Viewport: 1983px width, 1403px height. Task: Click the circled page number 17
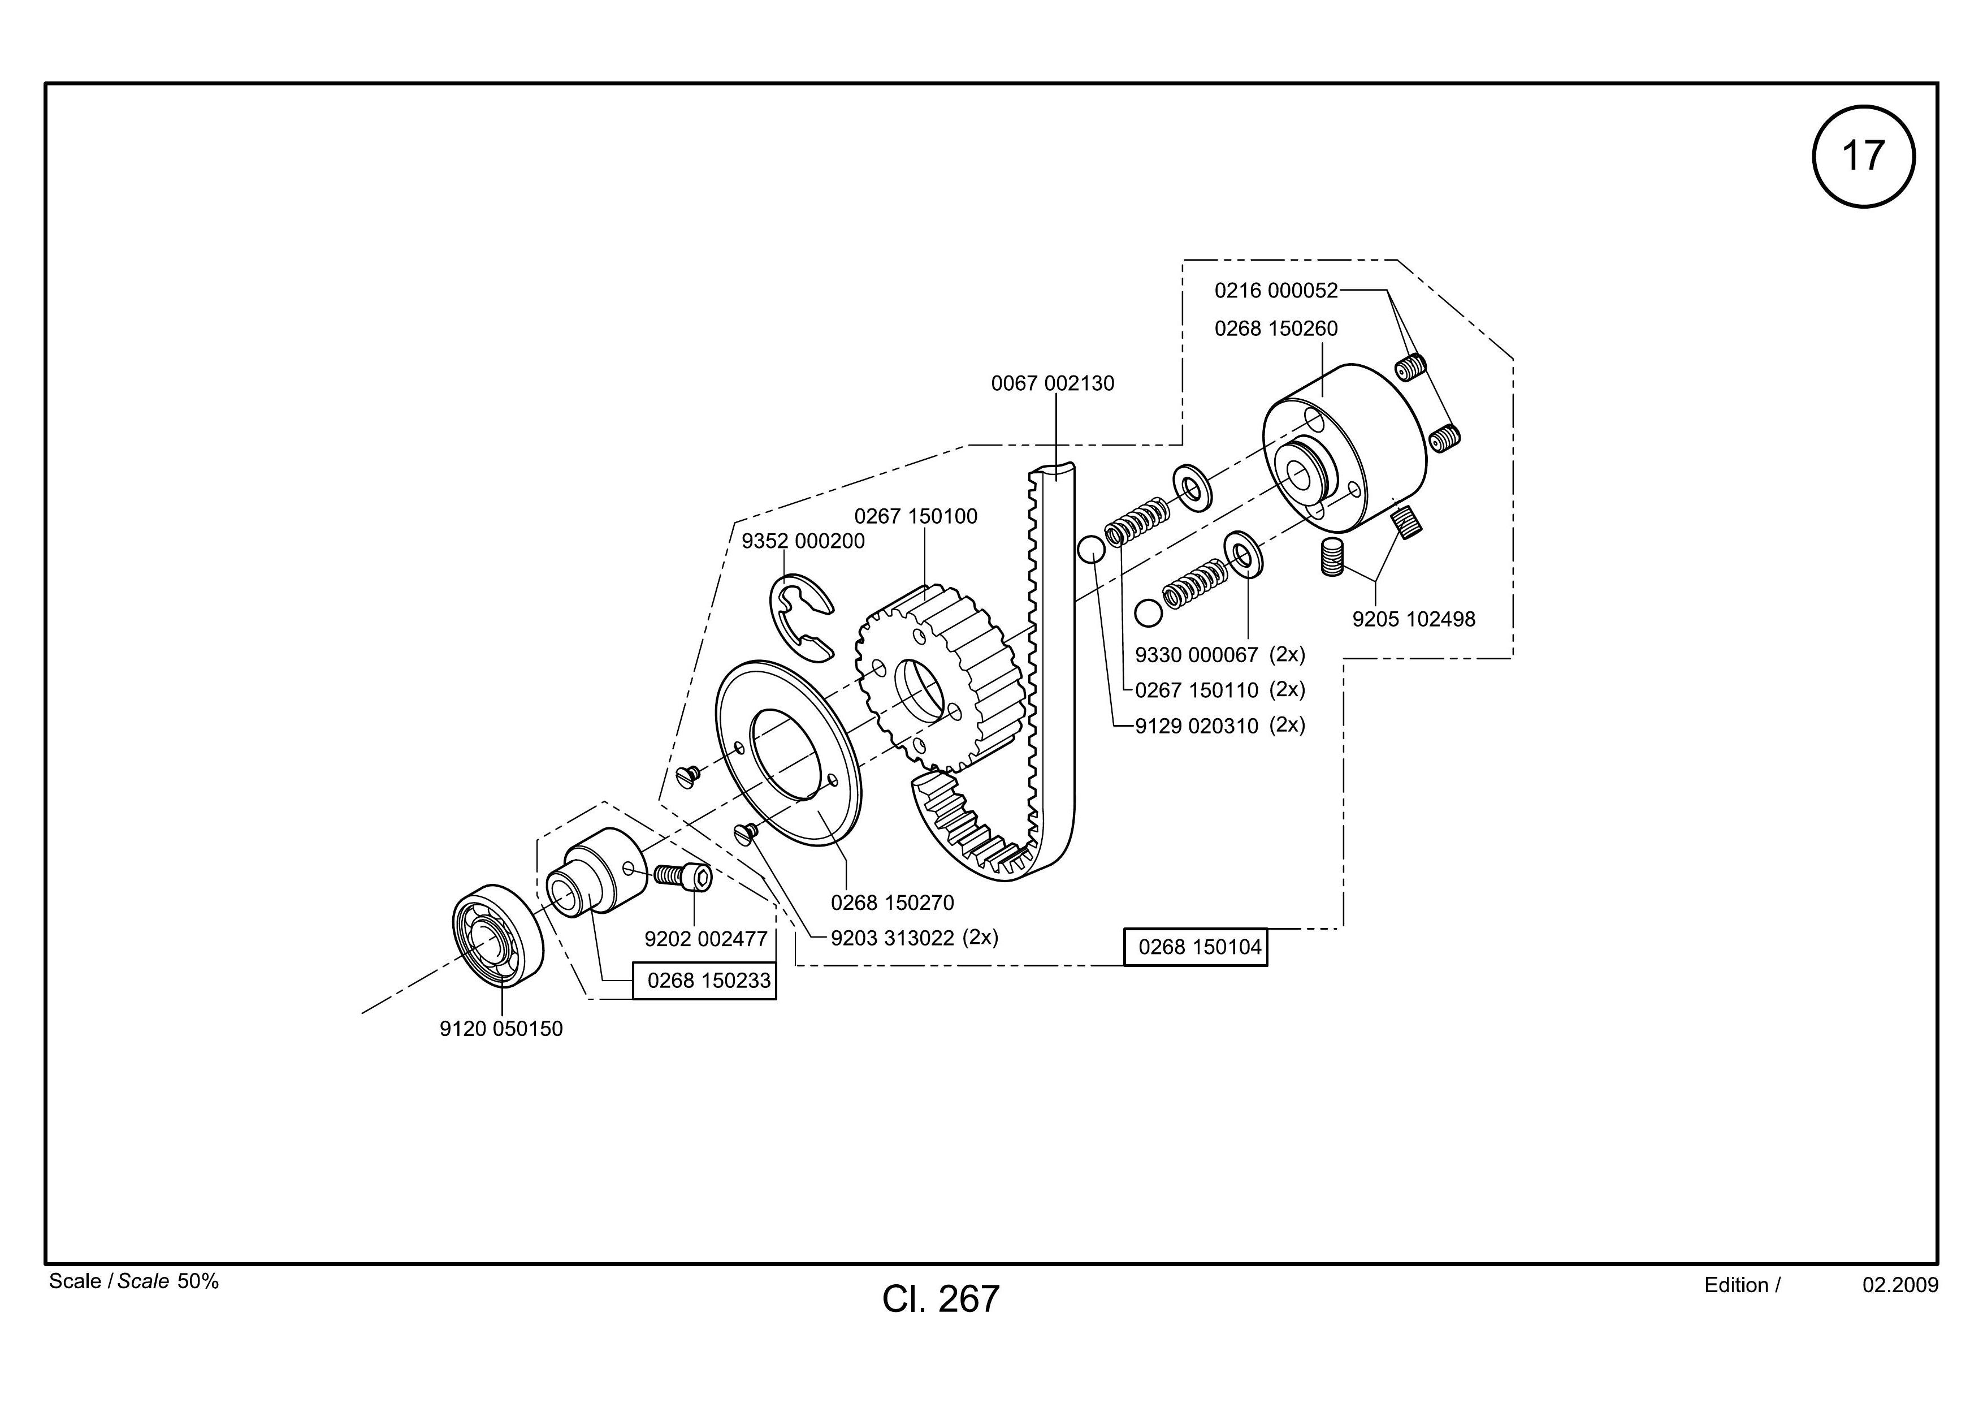(x=1863, y=157)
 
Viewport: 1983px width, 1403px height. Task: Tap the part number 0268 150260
(x=1276, y=329)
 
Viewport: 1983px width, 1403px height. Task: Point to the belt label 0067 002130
(x=1052, y=383)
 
